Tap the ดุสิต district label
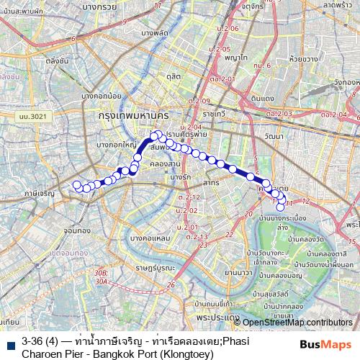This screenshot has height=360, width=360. coord(173,76)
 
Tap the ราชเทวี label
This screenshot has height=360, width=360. coord(215,114)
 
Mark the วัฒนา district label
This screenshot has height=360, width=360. coord(273,135)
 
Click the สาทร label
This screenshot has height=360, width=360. coord(211,183)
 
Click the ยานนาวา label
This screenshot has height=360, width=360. coord(237,273)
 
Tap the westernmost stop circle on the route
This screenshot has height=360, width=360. coord(76,184)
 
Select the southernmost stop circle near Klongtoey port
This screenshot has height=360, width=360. coord(281,207)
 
